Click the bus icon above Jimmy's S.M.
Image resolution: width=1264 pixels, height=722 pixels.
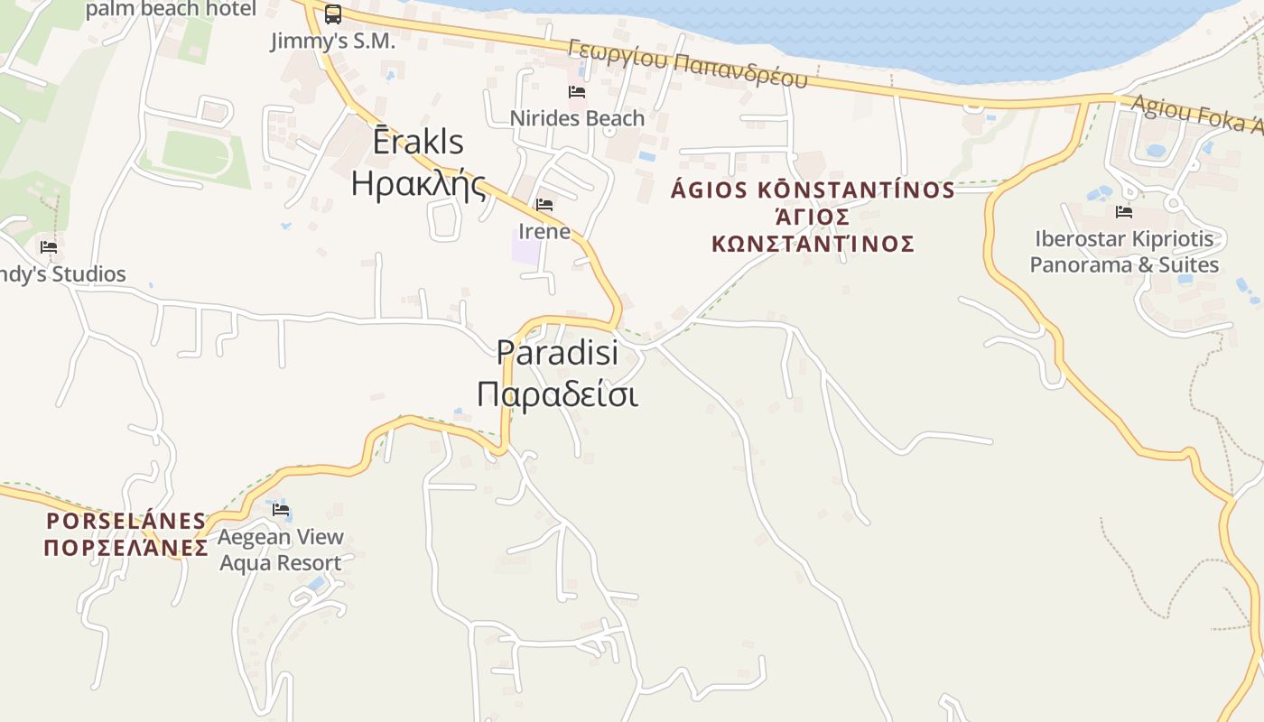coord(333,14)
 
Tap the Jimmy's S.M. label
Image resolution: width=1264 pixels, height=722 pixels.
coord(333,41)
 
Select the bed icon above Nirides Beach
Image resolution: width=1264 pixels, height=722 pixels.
coord(577,92)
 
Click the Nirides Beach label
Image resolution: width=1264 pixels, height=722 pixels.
coord(577,118)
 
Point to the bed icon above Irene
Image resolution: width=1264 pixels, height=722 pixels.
coord(544,205)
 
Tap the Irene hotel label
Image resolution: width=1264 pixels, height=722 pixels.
coord(544,231)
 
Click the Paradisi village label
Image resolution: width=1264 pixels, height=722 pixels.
coord(557,352)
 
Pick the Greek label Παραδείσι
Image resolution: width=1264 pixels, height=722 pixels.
coord(557,393)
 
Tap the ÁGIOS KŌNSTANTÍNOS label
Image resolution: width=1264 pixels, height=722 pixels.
coord(813,190)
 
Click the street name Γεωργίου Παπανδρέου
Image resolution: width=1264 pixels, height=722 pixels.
coord(688,63)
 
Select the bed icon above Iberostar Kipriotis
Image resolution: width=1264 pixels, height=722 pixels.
coord(1124,212)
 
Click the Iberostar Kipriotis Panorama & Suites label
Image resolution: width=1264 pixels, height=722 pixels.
coord(1124,252)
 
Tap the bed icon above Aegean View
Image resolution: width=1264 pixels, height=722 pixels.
coord(281,510)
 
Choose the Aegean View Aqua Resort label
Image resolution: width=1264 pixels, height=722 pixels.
coord(281,550)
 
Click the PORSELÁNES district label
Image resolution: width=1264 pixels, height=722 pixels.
coord(126,521)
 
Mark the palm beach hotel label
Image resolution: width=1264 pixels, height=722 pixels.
coord(171,9)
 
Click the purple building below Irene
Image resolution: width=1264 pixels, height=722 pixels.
coord(526,246)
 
